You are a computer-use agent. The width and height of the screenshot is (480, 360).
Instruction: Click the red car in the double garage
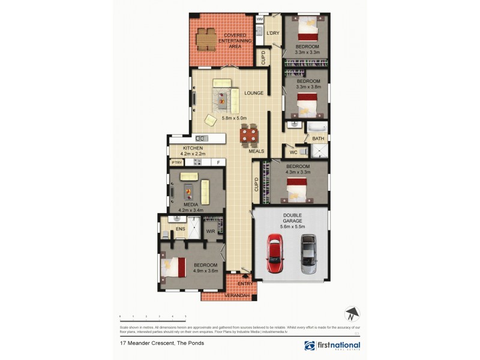(274, 253)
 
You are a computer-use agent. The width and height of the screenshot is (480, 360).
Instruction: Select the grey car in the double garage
(308, 253)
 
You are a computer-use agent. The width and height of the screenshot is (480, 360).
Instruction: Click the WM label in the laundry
(260, 19)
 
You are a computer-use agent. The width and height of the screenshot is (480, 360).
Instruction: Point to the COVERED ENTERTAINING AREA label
(235, 40)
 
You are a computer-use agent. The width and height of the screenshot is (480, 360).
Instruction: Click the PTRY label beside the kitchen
(176, 163)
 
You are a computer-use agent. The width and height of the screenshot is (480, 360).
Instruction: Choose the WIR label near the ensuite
(211, 230)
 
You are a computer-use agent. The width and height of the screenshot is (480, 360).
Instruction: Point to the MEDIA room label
(191, 205)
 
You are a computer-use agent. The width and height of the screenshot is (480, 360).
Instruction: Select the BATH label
(317, 139)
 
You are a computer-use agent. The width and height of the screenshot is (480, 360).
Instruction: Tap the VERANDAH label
(229, 296)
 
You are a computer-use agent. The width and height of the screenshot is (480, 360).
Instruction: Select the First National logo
(332, 346)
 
